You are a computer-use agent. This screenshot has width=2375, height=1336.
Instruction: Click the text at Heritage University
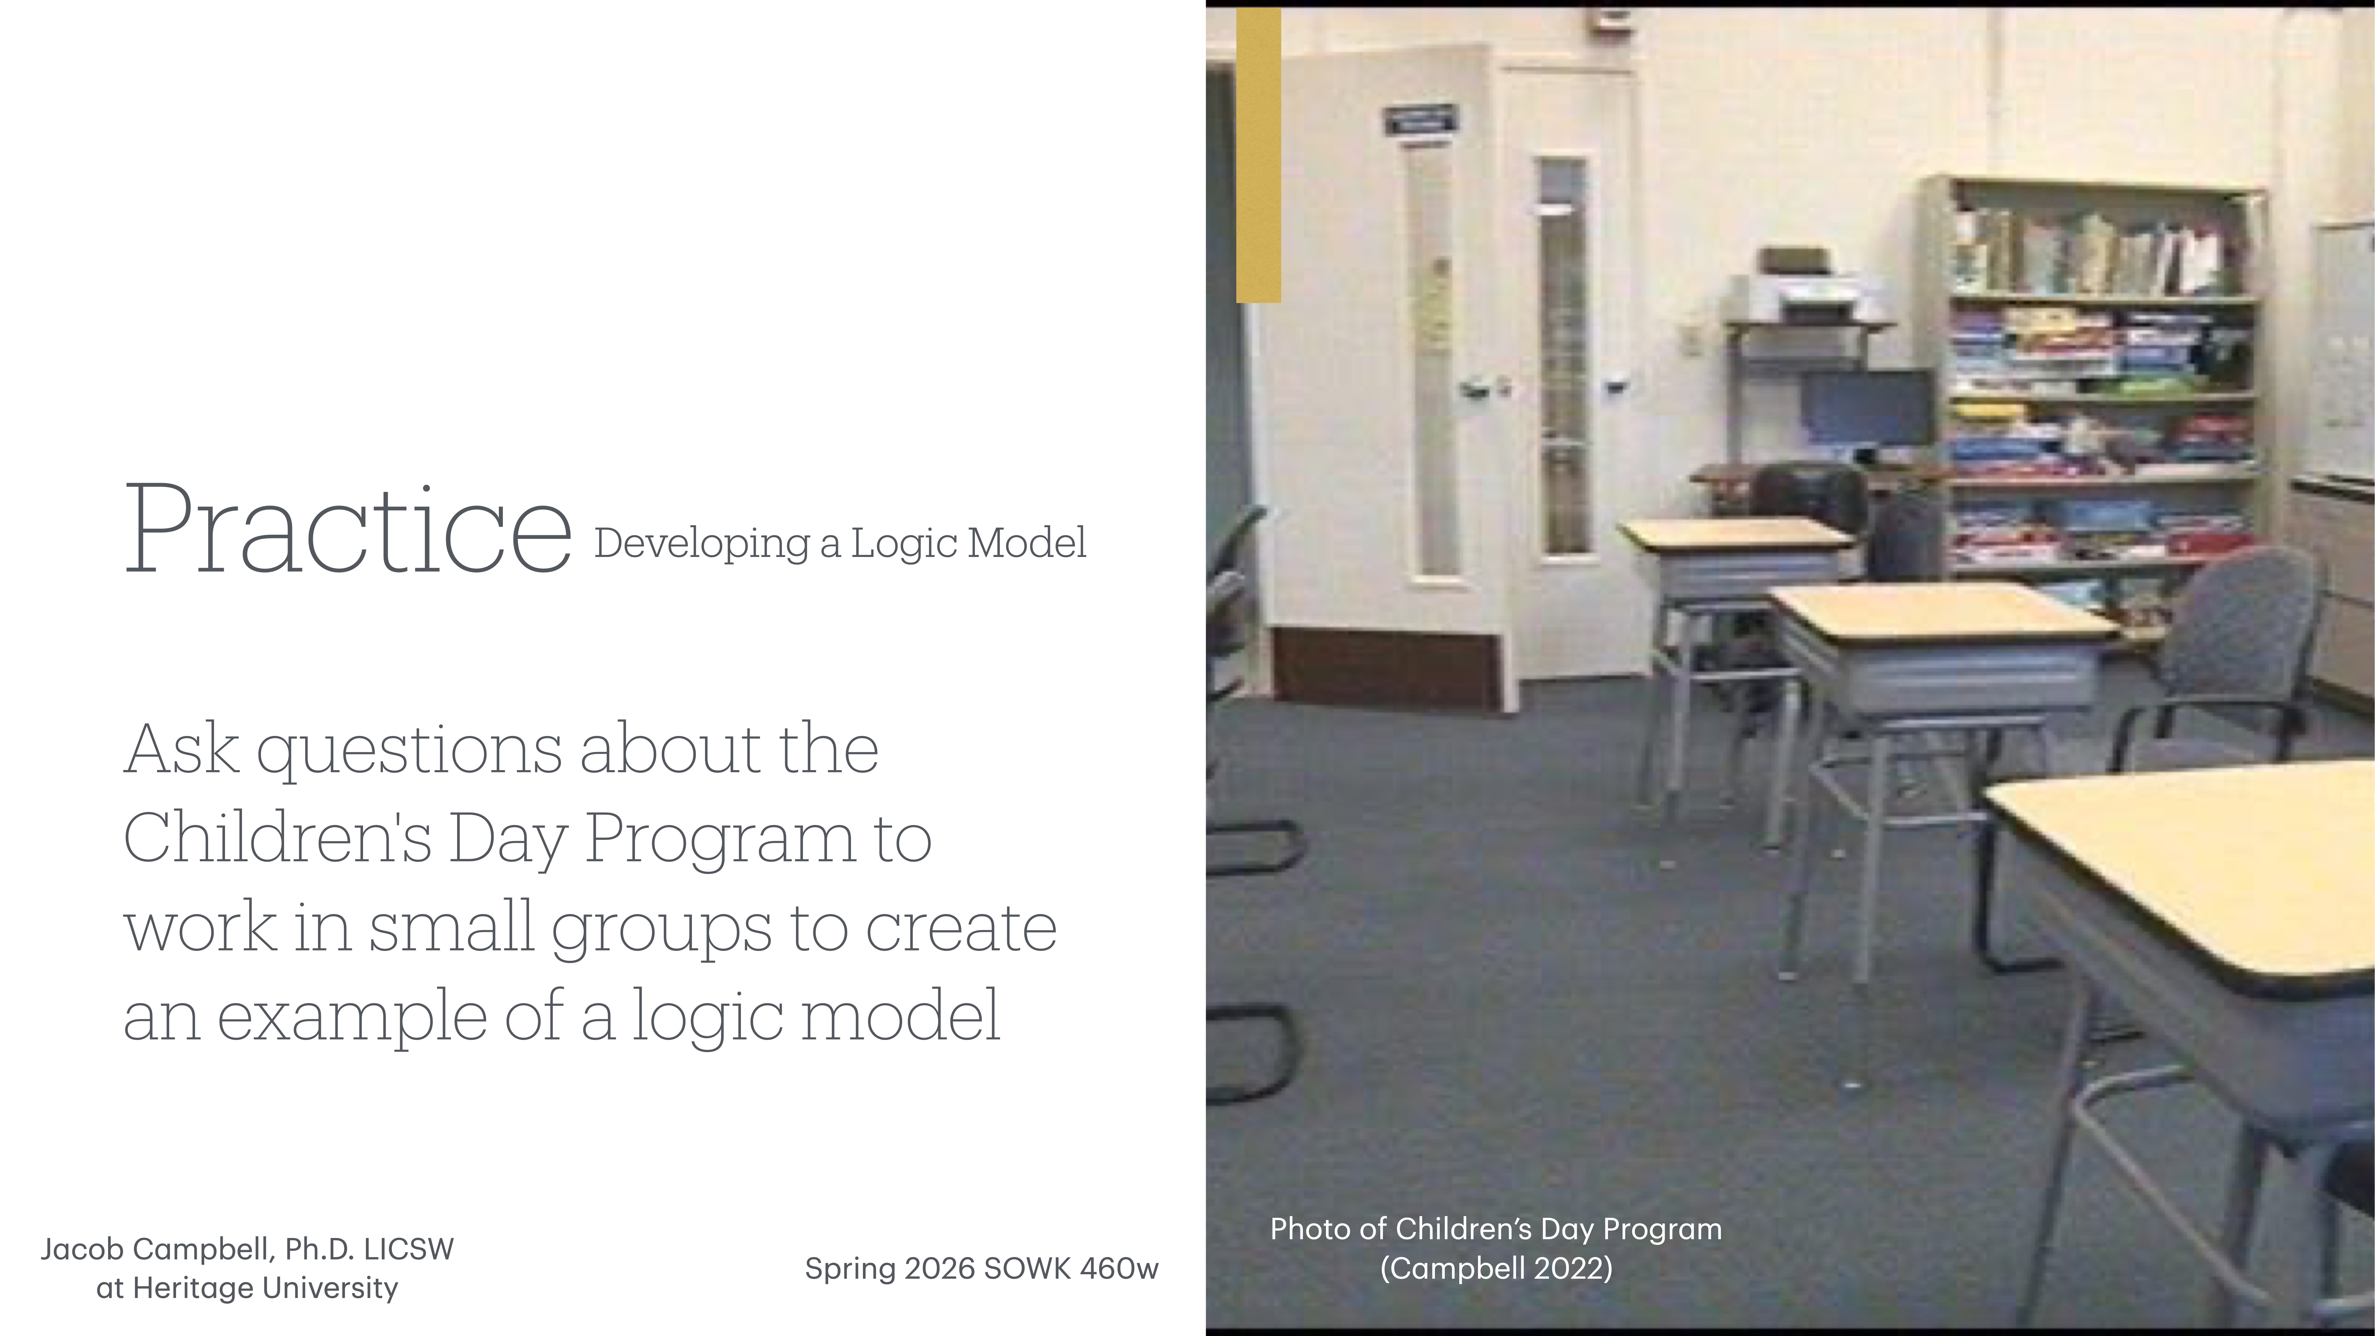coord(247,1288)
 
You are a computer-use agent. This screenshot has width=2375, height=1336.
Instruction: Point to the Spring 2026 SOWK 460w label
coord(981,1269)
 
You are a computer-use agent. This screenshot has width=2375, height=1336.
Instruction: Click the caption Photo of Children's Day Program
coord(1495,1229)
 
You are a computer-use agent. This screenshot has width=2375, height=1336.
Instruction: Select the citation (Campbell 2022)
coord(1495,1269)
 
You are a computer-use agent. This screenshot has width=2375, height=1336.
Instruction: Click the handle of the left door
coord(1475,390)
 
